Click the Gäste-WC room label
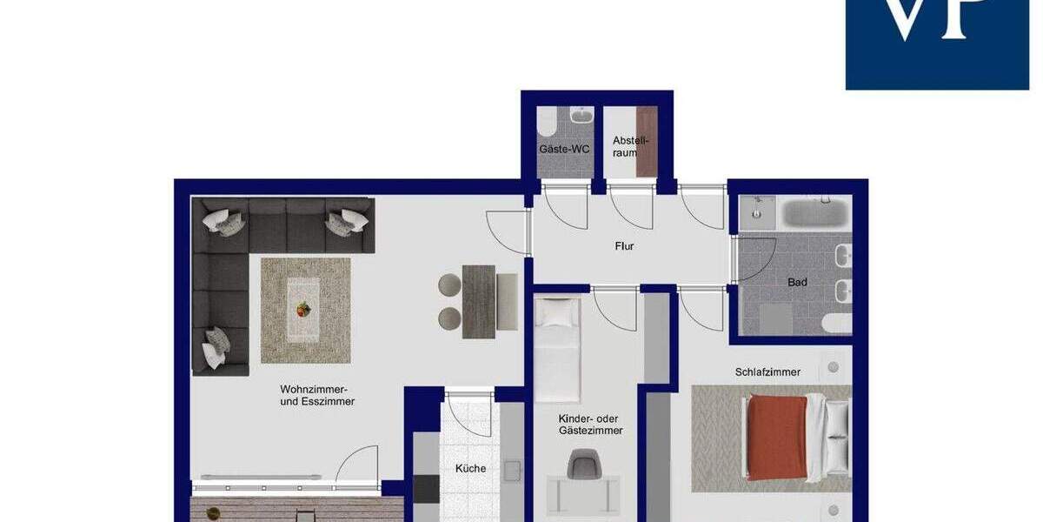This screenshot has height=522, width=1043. pos(565,149)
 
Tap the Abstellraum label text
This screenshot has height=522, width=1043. pos(630,146)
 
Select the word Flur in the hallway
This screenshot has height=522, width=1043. pos(624,246)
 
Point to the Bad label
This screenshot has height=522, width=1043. pos(797,282)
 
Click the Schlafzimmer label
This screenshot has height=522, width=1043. pos(767,371)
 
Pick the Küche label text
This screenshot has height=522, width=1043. pos(470,468)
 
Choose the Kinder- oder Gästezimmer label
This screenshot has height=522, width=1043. pos(590,425)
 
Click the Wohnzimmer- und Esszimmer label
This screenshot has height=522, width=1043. pos(317,395)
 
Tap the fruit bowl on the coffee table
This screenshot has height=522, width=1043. pos(303,309)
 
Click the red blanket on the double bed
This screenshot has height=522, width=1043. pos(776,438)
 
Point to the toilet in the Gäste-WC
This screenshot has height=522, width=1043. pos(547,124)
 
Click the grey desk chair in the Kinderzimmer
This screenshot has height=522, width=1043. pos(583,464)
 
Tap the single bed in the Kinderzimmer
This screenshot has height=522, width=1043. pos(556,348)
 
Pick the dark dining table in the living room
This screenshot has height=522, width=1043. pos(478,301)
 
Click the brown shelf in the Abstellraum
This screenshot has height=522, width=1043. pos(646,142)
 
